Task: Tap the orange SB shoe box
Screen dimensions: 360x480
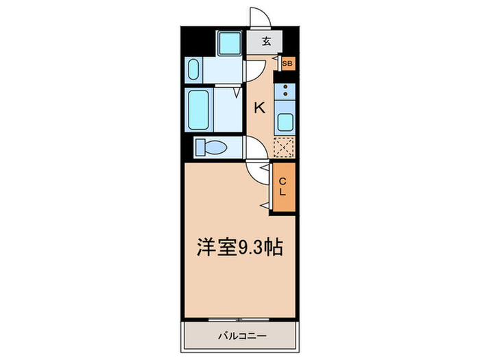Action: [x=287, y=63]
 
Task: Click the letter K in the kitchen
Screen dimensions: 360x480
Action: [x=260, y=107]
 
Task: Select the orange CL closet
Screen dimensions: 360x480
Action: [x=282, y=187]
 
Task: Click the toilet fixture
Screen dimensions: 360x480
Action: [x=213, y=147]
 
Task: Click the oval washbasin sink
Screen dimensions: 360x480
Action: [x=193, y=70]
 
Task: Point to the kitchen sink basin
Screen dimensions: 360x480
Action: [x=284, y=124]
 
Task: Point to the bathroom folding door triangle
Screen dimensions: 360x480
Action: [x=237, y=90]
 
